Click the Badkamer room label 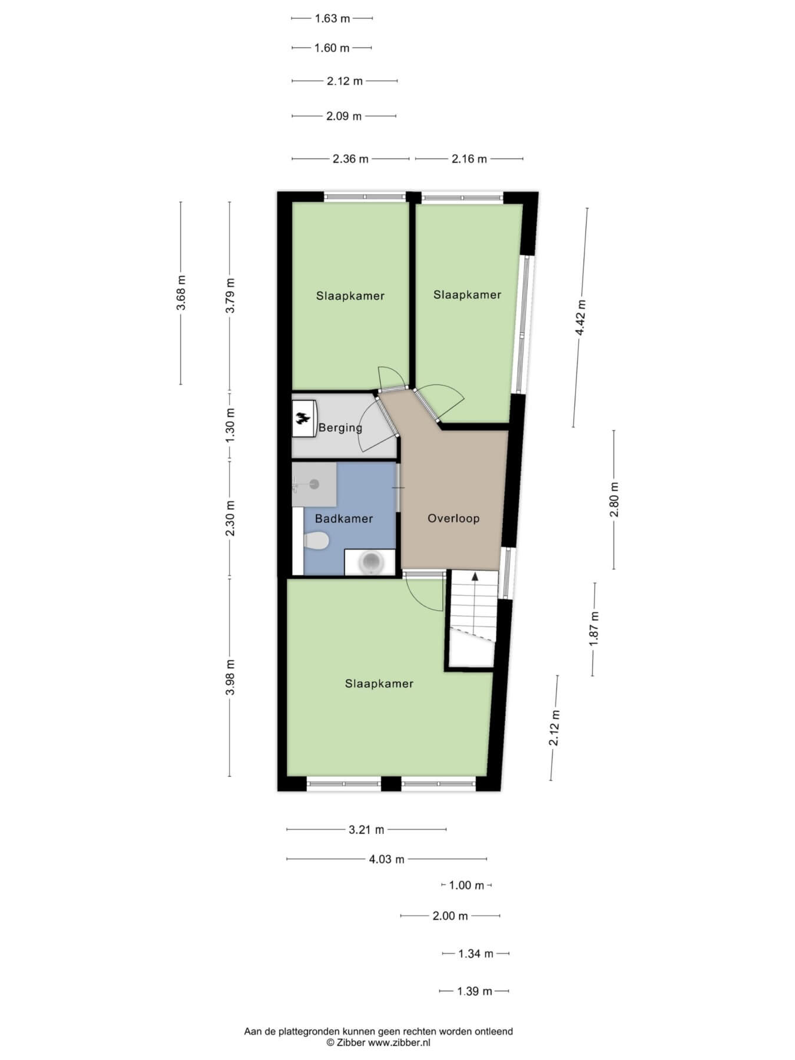(344, 519)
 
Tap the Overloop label (453, 519)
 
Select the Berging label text (340, 428)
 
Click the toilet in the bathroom (316, 540)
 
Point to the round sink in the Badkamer (370, 562)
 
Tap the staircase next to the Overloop (473, 618)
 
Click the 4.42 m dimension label (581, 317)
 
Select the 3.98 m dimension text (230, 677)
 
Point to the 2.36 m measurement (350, 158)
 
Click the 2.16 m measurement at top (469, 158)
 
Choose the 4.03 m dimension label (387, 859)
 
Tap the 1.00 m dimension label (466, 885)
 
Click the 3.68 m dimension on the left (181, 293)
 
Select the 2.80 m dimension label (614, 499)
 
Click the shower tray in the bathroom (314, 484)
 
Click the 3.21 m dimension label (366, 830)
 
